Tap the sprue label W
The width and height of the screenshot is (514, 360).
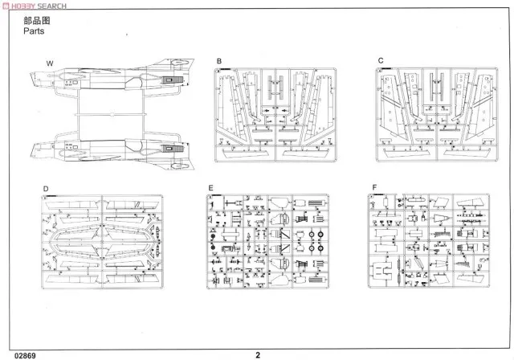49,63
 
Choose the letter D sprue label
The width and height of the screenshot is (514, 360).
46,189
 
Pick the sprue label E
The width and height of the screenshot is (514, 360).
210,189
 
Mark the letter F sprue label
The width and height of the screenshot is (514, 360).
373,189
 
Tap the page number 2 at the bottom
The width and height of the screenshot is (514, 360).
258,352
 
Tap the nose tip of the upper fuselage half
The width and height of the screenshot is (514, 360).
30,79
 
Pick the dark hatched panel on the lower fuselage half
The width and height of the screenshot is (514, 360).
169,149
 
